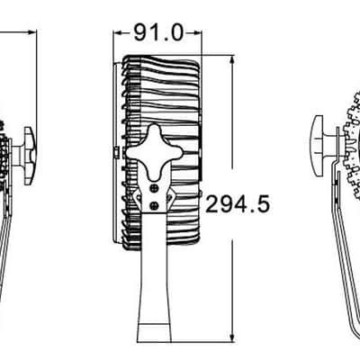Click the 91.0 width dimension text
(x=158, y=32)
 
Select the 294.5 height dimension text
(x=238, y=203)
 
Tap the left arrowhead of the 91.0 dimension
(x=118, y=32)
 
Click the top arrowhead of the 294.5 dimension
(x=231, y=60)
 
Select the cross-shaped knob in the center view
(x=155, y=152)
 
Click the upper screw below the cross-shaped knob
(x=155, y=188)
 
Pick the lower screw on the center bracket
(x=155, y=205)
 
